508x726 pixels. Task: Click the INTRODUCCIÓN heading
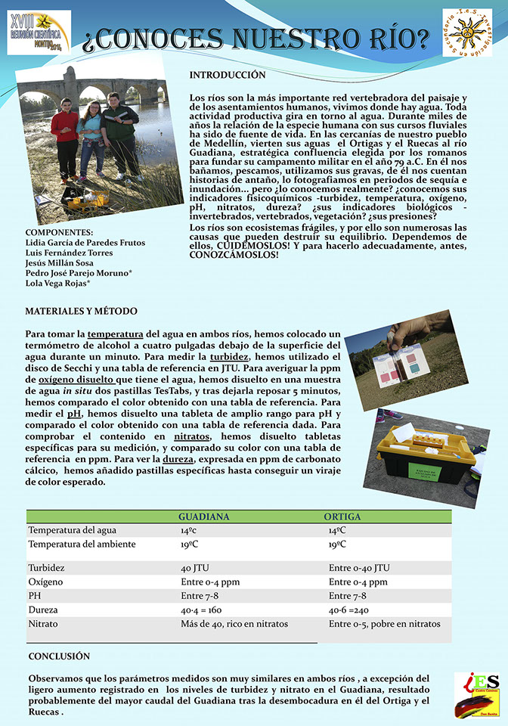[227, 76]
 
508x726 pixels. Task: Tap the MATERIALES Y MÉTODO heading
[82, 312]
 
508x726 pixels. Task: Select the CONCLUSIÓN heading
[59, 656]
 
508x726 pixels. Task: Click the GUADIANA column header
[203, 517]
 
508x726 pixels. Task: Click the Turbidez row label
[46, 567]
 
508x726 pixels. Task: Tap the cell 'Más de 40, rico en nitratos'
[234, 624]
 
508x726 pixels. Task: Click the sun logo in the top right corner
[466, 33]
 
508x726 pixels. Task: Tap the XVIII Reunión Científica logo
[39, 32]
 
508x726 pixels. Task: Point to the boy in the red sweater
[66, 136]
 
